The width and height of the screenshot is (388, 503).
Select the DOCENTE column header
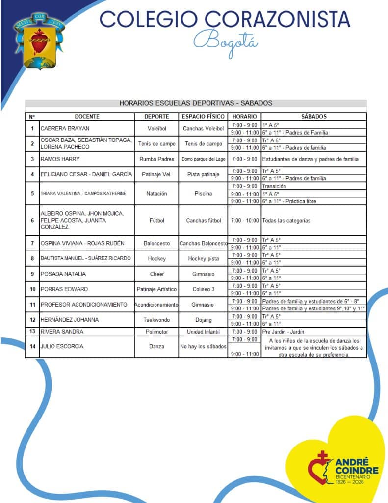click(87, 117)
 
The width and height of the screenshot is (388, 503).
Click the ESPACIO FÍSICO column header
click(203, 117)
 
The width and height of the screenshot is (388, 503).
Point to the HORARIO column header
click(244, 117)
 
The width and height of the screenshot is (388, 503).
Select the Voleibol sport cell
click(157, 129)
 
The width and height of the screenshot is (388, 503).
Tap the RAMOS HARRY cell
click(58, 159)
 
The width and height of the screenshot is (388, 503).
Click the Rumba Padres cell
click(157, 159)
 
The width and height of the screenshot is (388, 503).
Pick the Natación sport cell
click(157, 194)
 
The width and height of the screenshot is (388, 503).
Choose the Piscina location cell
click(203, 194)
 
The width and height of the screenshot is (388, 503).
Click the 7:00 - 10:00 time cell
click(244, 221)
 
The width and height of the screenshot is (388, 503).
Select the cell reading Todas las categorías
click(286, 221)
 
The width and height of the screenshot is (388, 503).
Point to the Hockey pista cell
click(203, 259)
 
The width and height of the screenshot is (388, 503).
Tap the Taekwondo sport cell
click(157, 320)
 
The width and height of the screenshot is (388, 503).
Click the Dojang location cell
click(203, 320)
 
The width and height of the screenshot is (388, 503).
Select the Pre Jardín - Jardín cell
click(284, 332)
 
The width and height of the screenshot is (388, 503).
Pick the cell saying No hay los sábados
click(203, 346)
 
